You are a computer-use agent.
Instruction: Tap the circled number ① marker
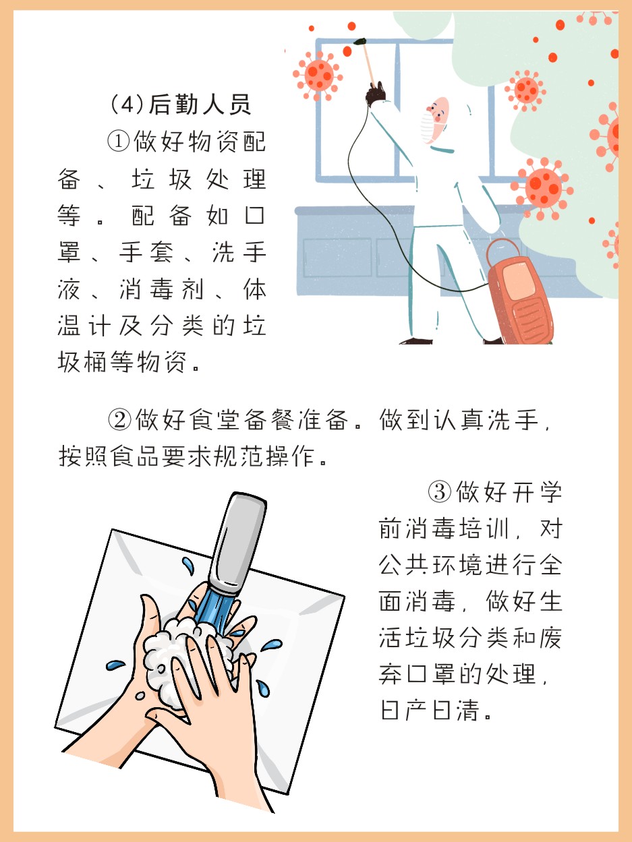click(x=118, y=141)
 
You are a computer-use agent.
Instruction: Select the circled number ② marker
click(x=119, y=420)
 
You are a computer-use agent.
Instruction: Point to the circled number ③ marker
click(x=440, y=492)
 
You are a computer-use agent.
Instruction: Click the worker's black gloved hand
click(x=375, y=94)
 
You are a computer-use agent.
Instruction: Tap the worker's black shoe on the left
click(x=416, y=341)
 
